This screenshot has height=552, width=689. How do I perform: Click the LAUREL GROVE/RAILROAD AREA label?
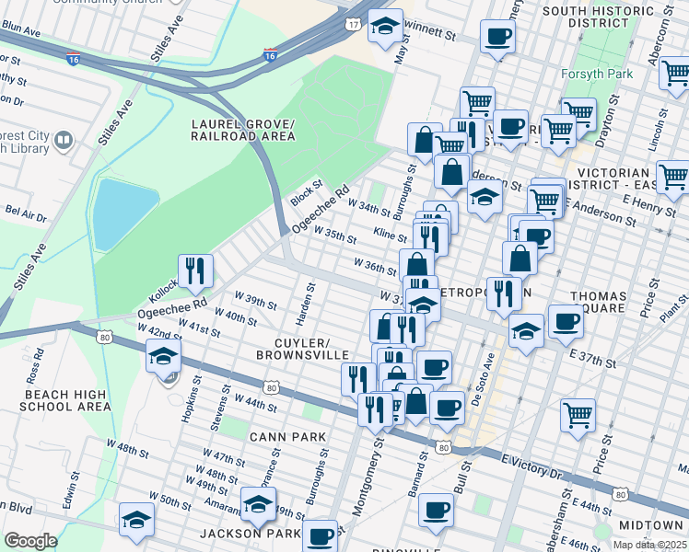point(243,130)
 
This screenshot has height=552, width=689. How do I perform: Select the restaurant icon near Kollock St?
point(195,270)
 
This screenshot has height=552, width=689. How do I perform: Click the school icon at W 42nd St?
point(163,356)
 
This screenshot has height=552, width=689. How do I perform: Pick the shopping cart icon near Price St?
point(578,415)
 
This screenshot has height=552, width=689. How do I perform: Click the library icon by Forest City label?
point(64,141)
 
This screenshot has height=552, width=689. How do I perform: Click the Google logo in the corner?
point(30,540)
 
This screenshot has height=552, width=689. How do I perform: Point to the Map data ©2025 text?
point(650,545)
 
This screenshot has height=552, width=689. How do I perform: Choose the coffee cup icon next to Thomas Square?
point(566,322)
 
